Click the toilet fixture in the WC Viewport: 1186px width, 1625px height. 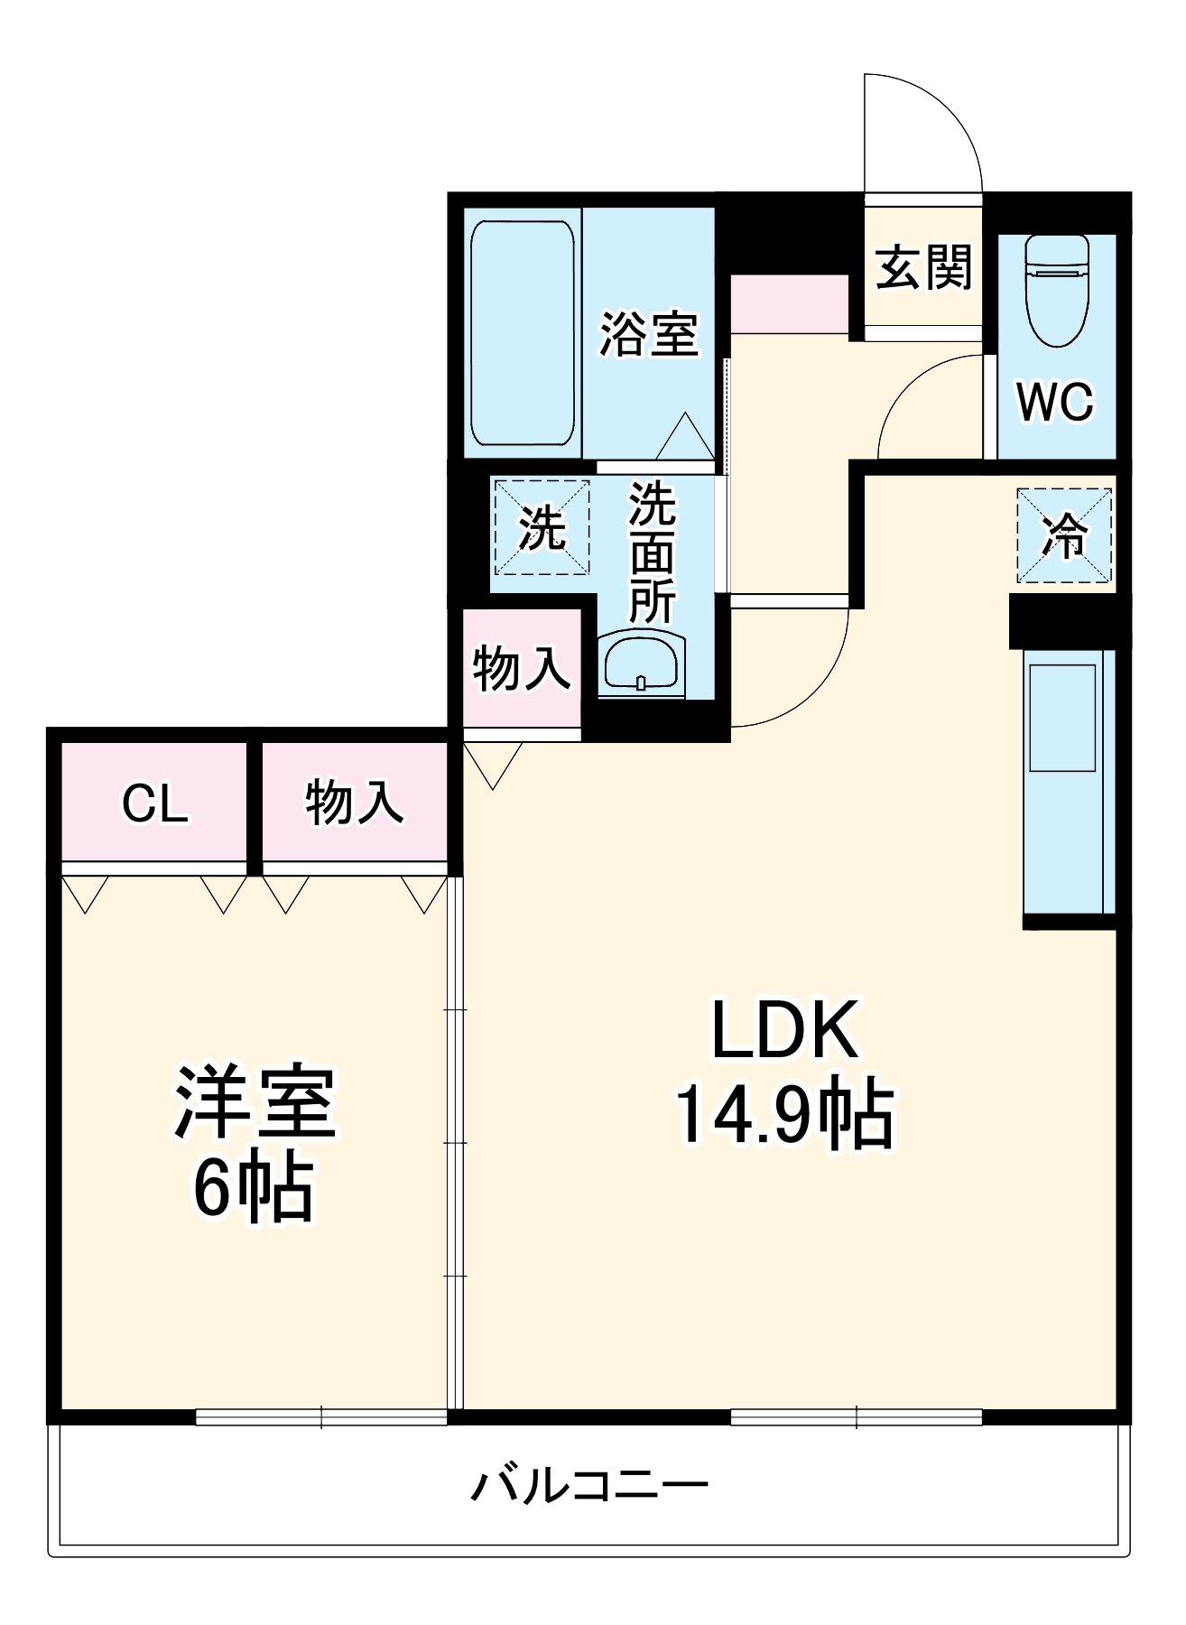pos(1057,291)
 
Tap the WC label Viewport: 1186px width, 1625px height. pos(1055,402)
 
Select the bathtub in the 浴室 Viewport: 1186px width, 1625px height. pos(522,333)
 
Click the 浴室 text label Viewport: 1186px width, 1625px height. pos(649,334)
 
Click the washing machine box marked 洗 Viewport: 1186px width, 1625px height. pos(542,527)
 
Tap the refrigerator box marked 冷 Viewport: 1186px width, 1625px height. pos(1064,535)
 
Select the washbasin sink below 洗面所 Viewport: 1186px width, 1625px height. pos(641,665)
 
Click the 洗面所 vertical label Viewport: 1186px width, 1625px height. pos(652,552)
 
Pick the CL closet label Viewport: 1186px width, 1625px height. pos(155,803)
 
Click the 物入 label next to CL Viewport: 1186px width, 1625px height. pos(354,803)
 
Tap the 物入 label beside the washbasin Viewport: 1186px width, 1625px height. pos(522,669)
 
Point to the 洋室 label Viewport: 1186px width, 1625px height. pos(255,1102)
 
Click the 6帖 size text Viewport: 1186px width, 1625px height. pos(254,1188)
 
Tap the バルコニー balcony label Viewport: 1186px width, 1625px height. pos(588,1485)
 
